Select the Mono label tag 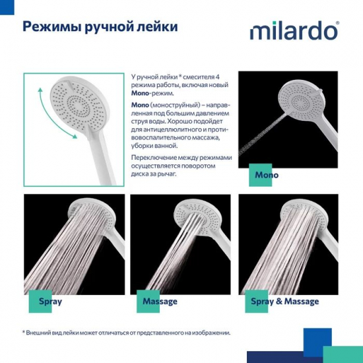point(267,175)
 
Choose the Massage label point(160,301)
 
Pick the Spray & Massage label point(284,301)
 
